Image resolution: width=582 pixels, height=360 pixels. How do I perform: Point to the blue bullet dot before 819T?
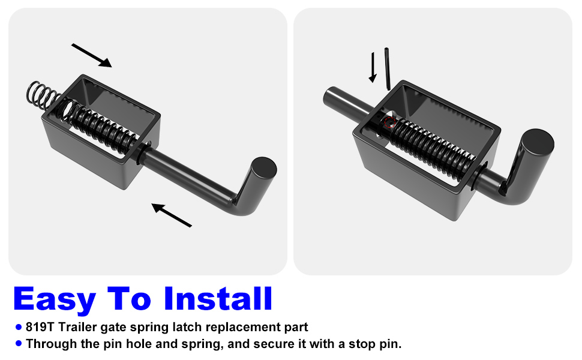point(19,328)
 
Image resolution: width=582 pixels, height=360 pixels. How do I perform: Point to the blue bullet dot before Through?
point(19,344)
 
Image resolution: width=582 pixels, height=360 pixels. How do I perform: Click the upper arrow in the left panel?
point(92,55)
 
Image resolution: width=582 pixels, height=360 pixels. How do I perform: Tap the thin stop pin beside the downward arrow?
point(388,69)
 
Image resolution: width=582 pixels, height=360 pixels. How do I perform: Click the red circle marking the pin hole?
point(389,124)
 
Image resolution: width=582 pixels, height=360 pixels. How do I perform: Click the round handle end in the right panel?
point(536,144)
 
